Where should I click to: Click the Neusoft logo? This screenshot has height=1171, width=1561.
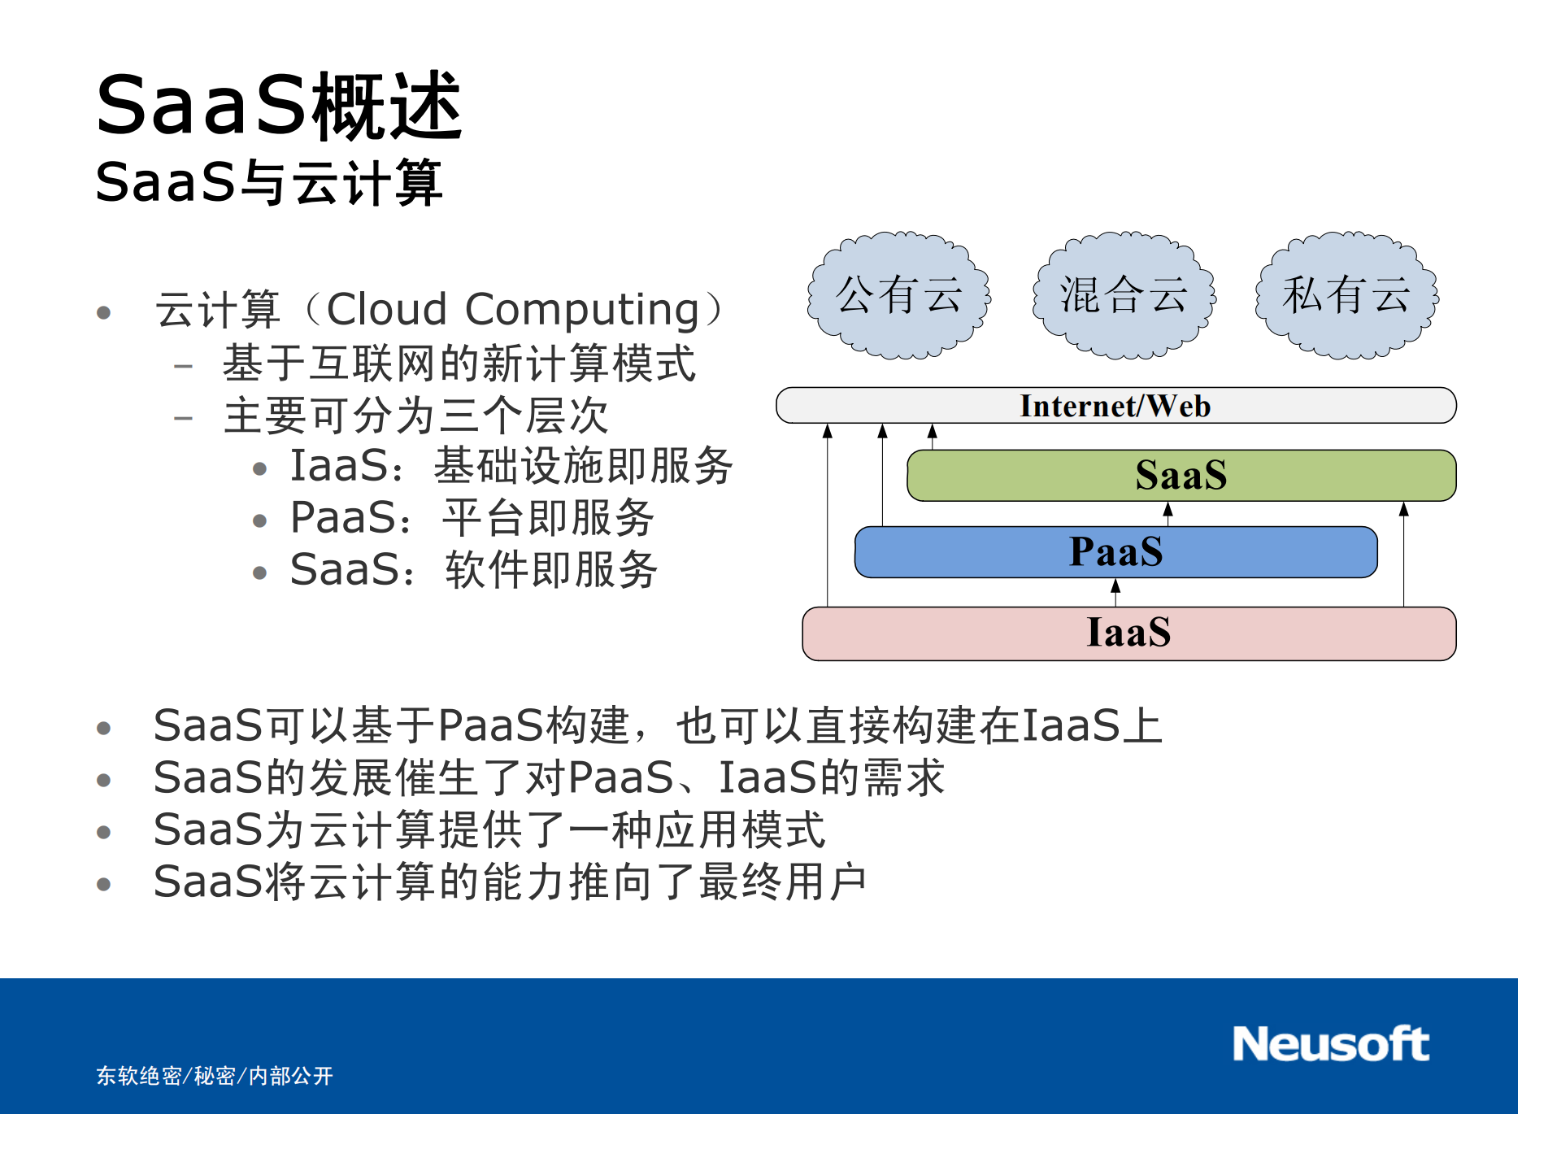tap(1330, 1043)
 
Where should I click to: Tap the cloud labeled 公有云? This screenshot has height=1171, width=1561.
tap(898, 295)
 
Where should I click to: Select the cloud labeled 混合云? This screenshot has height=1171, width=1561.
tap(1123, 295)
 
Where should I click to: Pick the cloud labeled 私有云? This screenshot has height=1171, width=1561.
tap(1346, 295)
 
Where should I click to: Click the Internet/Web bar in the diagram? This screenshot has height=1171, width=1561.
tap(1115, 406)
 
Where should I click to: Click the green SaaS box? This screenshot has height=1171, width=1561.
tap(1181, 476)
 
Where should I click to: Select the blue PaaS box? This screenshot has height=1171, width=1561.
tap(1115, 552)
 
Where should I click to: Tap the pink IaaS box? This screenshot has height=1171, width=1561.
tap(1128, 633)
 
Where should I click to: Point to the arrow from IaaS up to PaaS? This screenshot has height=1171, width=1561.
tap(1115, 592)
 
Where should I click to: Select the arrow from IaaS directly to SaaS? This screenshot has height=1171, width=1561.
tap(1403, 553)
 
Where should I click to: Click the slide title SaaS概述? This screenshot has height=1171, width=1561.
tap(279, 106)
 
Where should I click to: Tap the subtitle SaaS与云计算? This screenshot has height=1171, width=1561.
tap(269, 182)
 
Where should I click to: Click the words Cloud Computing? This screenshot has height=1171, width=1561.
tap(512, 310)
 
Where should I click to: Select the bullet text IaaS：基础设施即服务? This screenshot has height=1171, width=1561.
tap(511, 466)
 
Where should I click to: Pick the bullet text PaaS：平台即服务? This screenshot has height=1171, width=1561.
tap(472, 518)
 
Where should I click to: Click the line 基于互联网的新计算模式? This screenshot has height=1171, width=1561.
tap(459, 363)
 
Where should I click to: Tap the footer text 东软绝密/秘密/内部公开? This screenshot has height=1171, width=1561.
tap(215, 1076)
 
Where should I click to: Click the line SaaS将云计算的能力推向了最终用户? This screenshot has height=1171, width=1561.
tap(510, 882)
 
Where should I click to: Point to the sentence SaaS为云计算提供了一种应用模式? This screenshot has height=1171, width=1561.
tap(489, 830)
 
